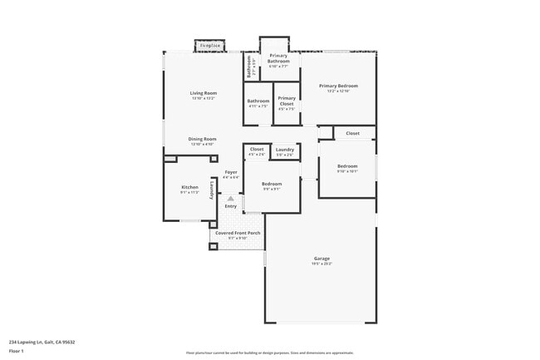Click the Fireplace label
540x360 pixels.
click(x=209, y=45)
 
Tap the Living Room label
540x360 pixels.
click(x=203, y=93)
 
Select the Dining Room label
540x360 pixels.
click(x=203, y=139)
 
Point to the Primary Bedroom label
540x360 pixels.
click(x=338, y=86)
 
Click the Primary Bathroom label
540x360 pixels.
click(x=278, y=58)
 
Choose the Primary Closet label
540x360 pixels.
click(x=287, y=101)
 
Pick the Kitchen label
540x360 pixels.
click(x=189, y=187)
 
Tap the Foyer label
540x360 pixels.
click(x=231, y=172)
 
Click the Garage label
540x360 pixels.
click(x=322, y=259)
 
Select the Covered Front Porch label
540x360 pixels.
click(x=238, y=233)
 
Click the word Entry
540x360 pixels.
click(x=231, y=206)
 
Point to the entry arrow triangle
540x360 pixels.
click(x=231, y=199)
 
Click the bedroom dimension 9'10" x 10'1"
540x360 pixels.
click(x=346, y=171)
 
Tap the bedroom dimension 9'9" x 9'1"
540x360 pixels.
click(x=272, y=189)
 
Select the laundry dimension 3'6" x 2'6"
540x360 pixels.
click(x=285, y=155)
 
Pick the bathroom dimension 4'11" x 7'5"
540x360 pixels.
click(x=258, y=106)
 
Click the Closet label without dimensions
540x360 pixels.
click(x=352, y=133)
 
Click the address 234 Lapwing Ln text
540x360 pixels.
click(x=42, y=341)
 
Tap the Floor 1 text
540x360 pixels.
click(x=17, y=352)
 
